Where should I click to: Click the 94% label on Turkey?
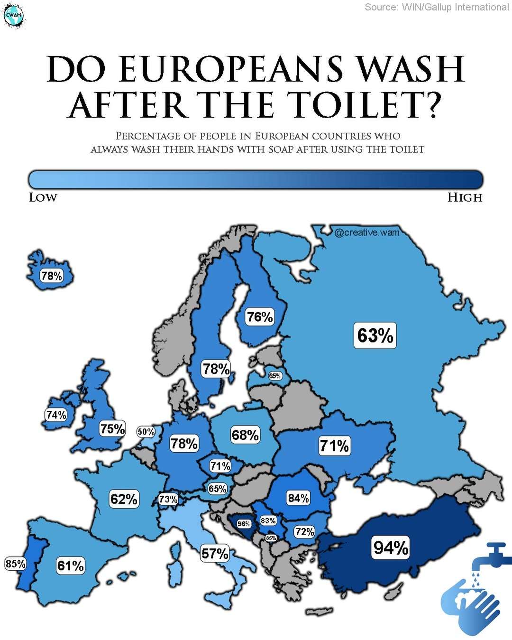coord(391,547)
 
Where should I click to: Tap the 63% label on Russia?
coord(375,335)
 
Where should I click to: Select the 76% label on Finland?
coord(260,316)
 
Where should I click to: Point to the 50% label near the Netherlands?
coord(146,432)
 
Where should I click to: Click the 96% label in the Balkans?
coord(244,524)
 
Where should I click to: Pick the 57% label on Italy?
coord(215,553)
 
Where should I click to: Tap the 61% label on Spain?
coord(71,566)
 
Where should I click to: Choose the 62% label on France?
coord(124,499)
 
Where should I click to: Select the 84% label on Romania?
coord(298,498)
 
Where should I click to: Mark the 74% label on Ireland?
coord(56,415)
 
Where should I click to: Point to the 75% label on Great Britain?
coord(112,428)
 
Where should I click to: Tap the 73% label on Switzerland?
coord(168,499)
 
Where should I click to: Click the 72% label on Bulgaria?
coord(304,531)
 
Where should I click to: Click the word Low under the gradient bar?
coord(43,197)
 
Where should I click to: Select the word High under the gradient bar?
coord(465,197)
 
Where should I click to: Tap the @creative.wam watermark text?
coord(367,232)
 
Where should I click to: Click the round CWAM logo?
coord(13,16)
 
